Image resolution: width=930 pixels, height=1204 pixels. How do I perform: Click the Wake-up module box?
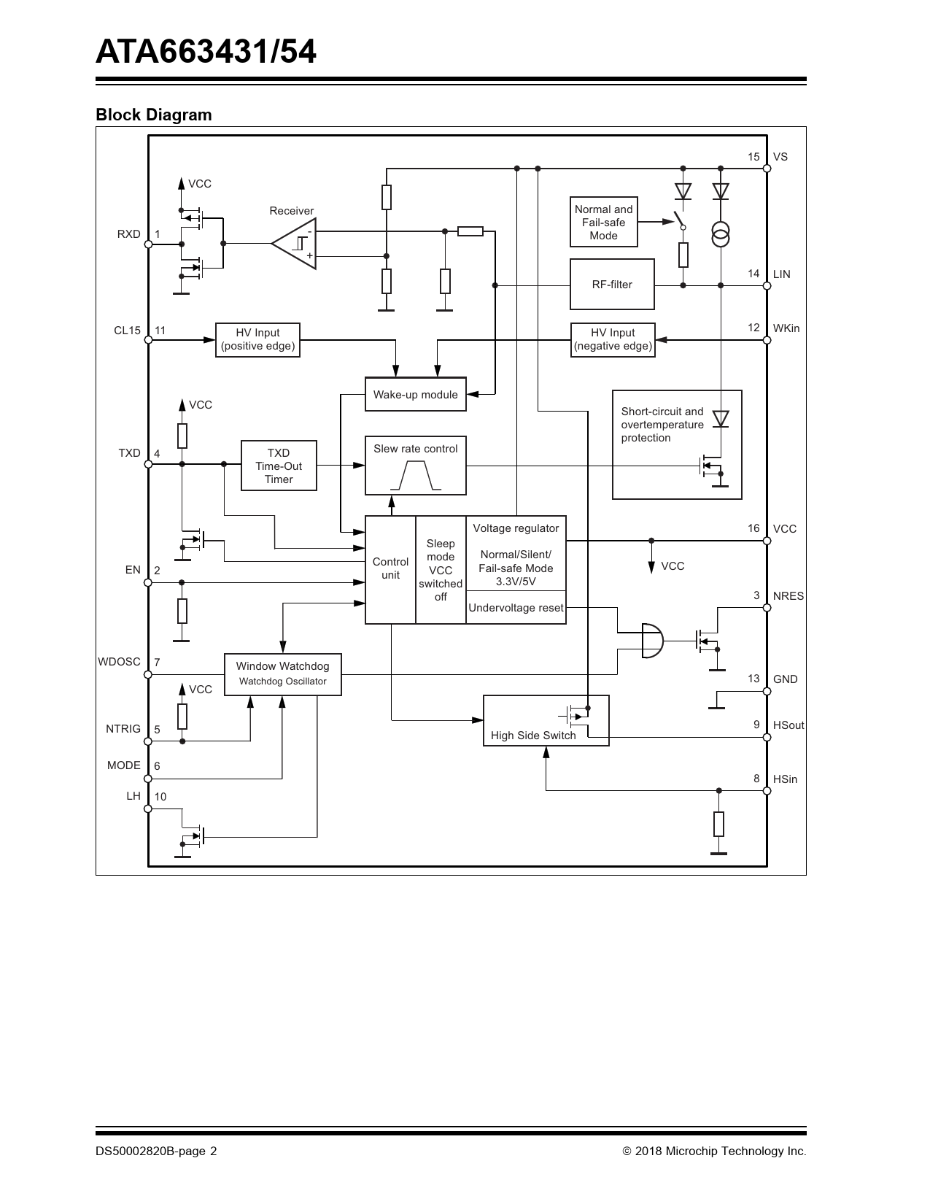[416, 394]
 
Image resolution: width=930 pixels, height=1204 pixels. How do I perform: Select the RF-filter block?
[612, 285]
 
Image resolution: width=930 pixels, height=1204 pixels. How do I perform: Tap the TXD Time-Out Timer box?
[279, 466]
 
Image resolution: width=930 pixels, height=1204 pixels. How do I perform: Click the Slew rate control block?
[416, 466]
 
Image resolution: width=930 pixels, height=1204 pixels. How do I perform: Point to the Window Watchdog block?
[282, 674]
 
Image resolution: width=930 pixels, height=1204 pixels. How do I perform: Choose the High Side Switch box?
[546, 720]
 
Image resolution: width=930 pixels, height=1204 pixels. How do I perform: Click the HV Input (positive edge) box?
[257, 339]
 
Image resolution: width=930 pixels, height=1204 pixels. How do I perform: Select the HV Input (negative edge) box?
[613, 339]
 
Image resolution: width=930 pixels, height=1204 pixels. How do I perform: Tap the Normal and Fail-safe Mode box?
[604, 222]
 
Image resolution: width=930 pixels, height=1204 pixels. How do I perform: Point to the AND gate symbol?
[652, 641]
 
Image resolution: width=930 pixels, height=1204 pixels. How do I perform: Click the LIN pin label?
[781, 274]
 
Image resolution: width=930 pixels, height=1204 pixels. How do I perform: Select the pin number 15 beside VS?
[753, 157]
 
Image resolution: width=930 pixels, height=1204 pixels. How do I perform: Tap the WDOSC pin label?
[119, 662]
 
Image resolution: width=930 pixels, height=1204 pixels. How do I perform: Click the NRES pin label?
[788, 596]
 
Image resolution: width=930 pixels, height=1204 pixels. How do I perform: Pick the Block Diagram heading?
[153, 115]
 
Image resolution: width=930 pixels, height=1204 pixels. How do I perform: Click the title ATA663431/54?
[206, 52]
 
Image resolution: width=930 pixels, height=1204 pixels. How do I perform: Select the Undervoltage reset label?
[516, 608]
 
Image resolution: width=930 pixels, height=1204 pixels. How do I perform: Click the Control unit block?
[390, 570]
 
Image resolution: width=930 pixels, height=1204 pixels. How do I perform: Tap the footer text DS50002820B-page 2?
[156, 1151]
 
